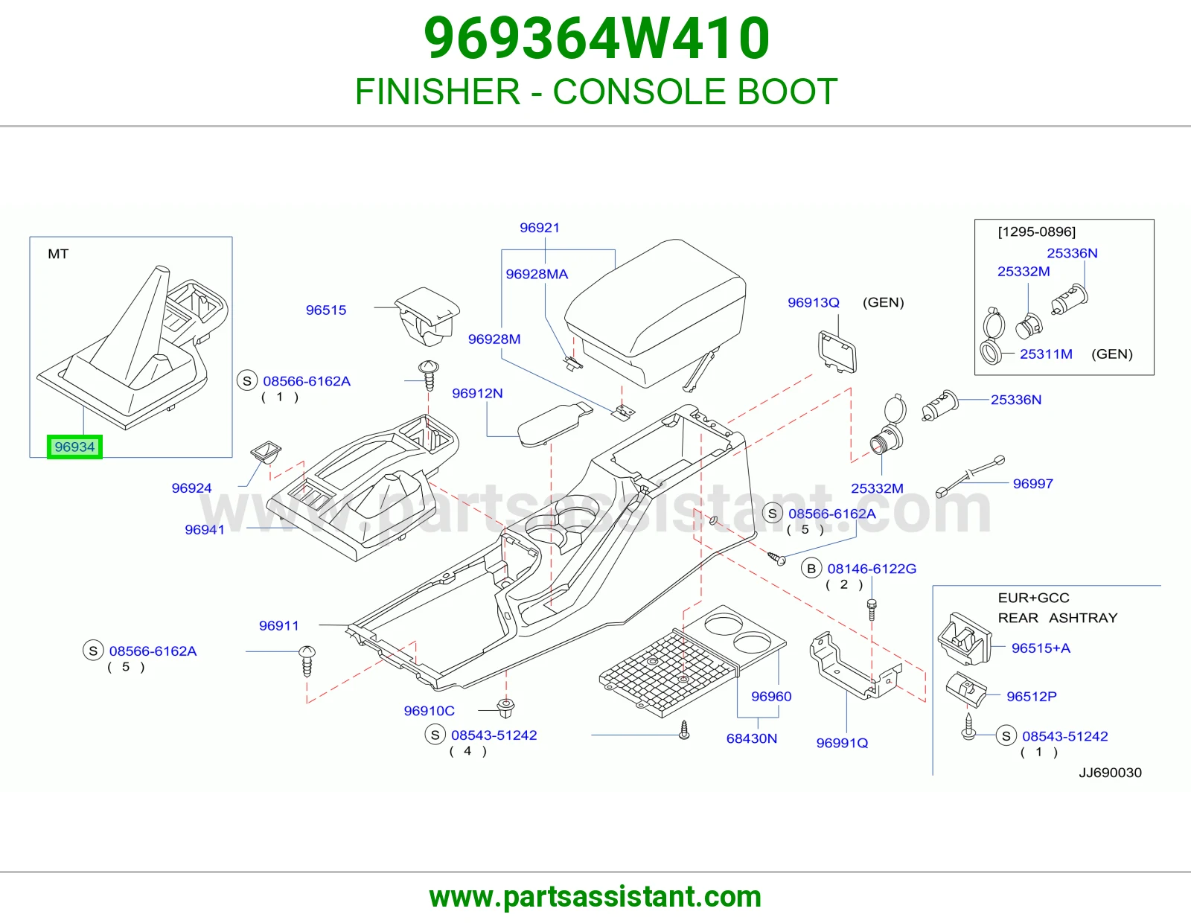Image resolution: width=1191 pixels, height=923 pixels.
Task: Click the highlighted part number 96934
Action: point(74,447)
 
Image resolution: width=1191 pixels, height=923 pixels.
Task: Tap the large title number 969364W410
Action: point(597,38)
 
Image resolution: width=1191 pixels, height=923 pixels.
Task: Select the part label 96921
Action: point(540,228)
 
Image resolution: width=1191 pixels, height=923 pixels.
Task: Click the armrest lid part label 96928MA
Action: point(537,274)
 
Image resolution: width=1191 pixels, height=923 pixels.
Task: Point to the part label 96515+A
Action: point(1041,648)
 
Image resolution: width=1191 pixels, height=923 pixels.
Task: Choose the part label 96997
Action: point(1032,483)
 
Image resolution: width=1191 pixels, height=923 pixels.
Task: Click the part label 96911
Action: point(279,625)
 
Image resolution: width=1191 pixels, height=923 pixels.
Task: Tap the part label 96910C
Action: point(430,710)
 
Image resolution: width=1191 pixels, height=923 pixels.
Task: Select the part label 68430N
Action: point(751,738)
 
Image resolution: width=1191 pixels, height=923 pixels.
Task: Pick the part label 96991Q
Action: point(842,743)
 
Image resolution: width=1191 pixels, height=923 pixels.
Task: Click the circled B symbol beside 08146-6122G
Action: point(811,569)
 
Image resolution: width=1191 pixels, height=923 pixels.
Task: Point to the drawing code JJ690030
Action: point(1110,773)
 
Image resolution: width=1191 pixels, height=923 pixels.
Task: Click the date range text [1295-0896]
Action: point(1036,231)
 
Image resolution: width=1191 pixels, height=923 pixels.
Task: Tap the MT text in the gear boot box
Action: point(58,254)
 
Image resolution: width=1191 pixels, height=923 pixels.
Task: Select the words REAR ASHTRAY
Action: point(1057,618)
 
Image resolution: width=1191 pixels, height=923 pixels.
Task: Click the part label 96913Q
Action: point(814,302)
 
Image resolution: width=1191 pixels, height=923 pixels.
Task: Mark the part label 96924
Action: point(191,488)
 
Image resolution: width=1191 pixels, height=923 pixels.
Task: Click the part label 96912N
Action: point(477,393)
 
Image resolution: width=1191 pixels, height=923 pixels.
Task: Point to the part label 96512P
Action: point(1032,696)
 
